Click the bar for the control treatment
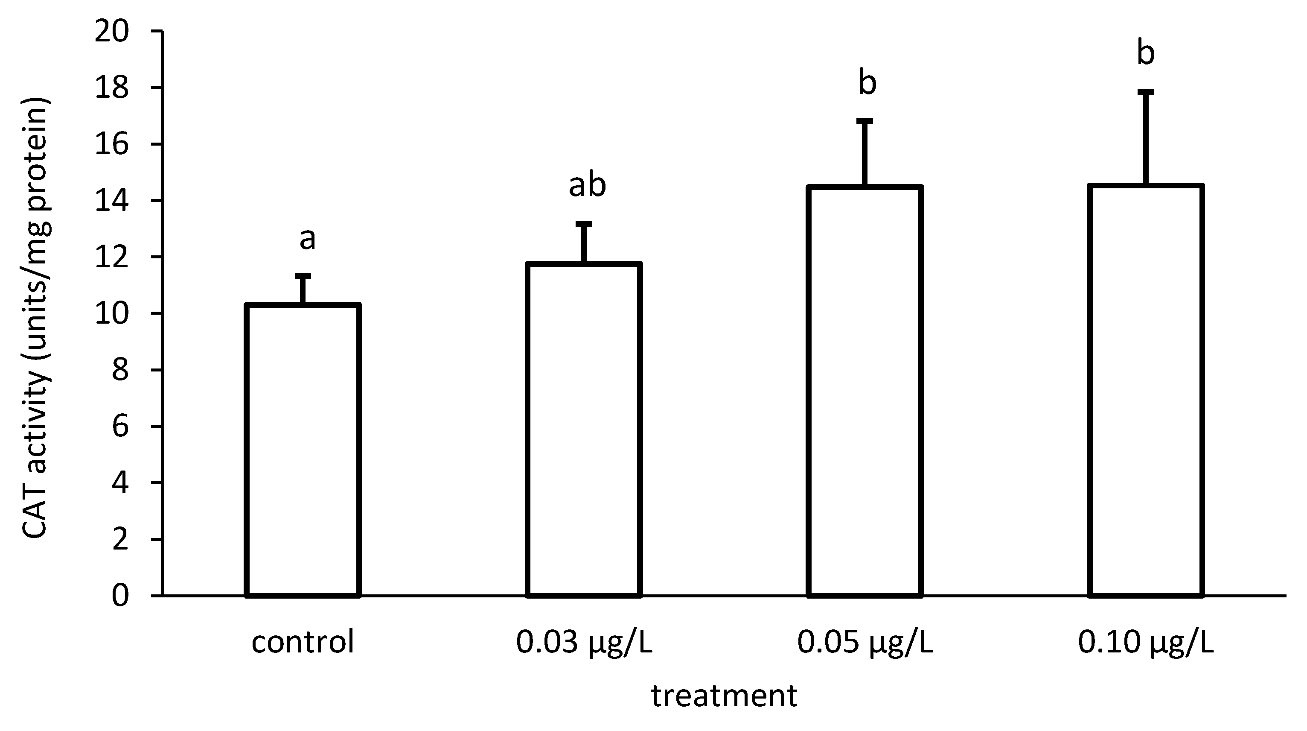coord(303,450)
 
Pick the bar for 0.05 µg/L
coord(865,391)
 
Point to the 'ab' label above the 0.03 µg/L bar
coord(587,185)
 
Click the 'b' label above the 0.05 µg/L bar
coord(867,83)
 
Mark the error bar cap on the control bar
coord(303,276)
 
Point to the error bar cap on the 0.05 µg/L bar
coord(865,121)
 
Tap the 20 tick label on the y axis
coord(112,32)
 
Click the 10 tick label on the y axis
coord(112,313)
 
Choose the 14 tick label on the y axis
coord(112,201)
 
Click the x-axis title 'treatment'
coord(724,696)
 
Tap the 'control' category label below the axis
coord(303,643)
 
